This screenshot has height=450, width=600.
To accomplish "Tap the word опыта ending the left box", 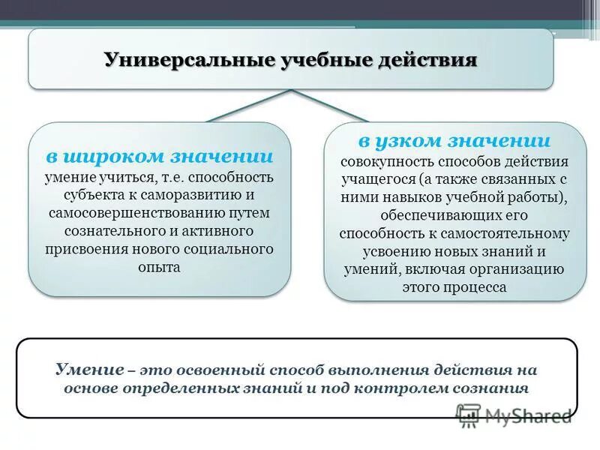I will (x=159, y=266).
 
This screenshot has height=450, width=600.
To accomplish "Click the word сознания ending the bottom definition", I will (x=491, y=388).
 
